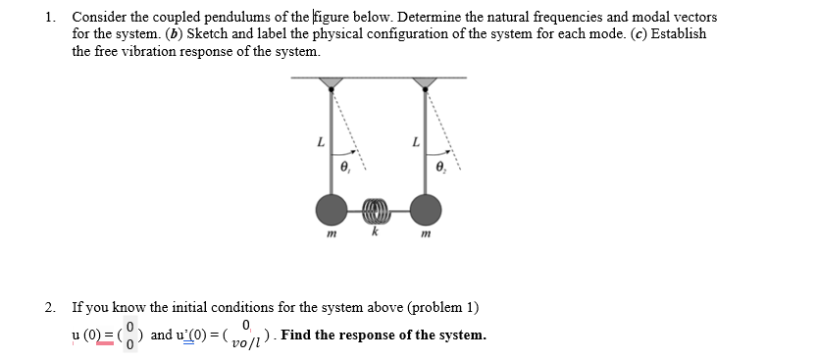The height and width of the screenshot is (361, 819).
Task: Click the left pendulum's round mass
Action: click(334, 209)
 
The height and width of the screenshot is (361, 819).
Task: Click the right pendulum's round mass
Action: click(425, 209)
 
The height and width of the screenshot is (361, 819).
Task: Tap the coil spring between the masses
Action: click(380, 209)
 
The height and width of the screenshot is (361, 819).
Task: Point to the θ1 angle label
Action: click(344, 168)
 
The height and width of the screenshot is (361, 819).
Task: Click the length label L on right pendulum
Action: click(415, 143)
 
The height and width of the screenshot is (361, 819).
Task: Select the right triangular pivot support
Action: click(425, 83)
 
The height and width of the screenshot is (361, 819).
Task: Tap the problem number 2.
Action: click(50, 307)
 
